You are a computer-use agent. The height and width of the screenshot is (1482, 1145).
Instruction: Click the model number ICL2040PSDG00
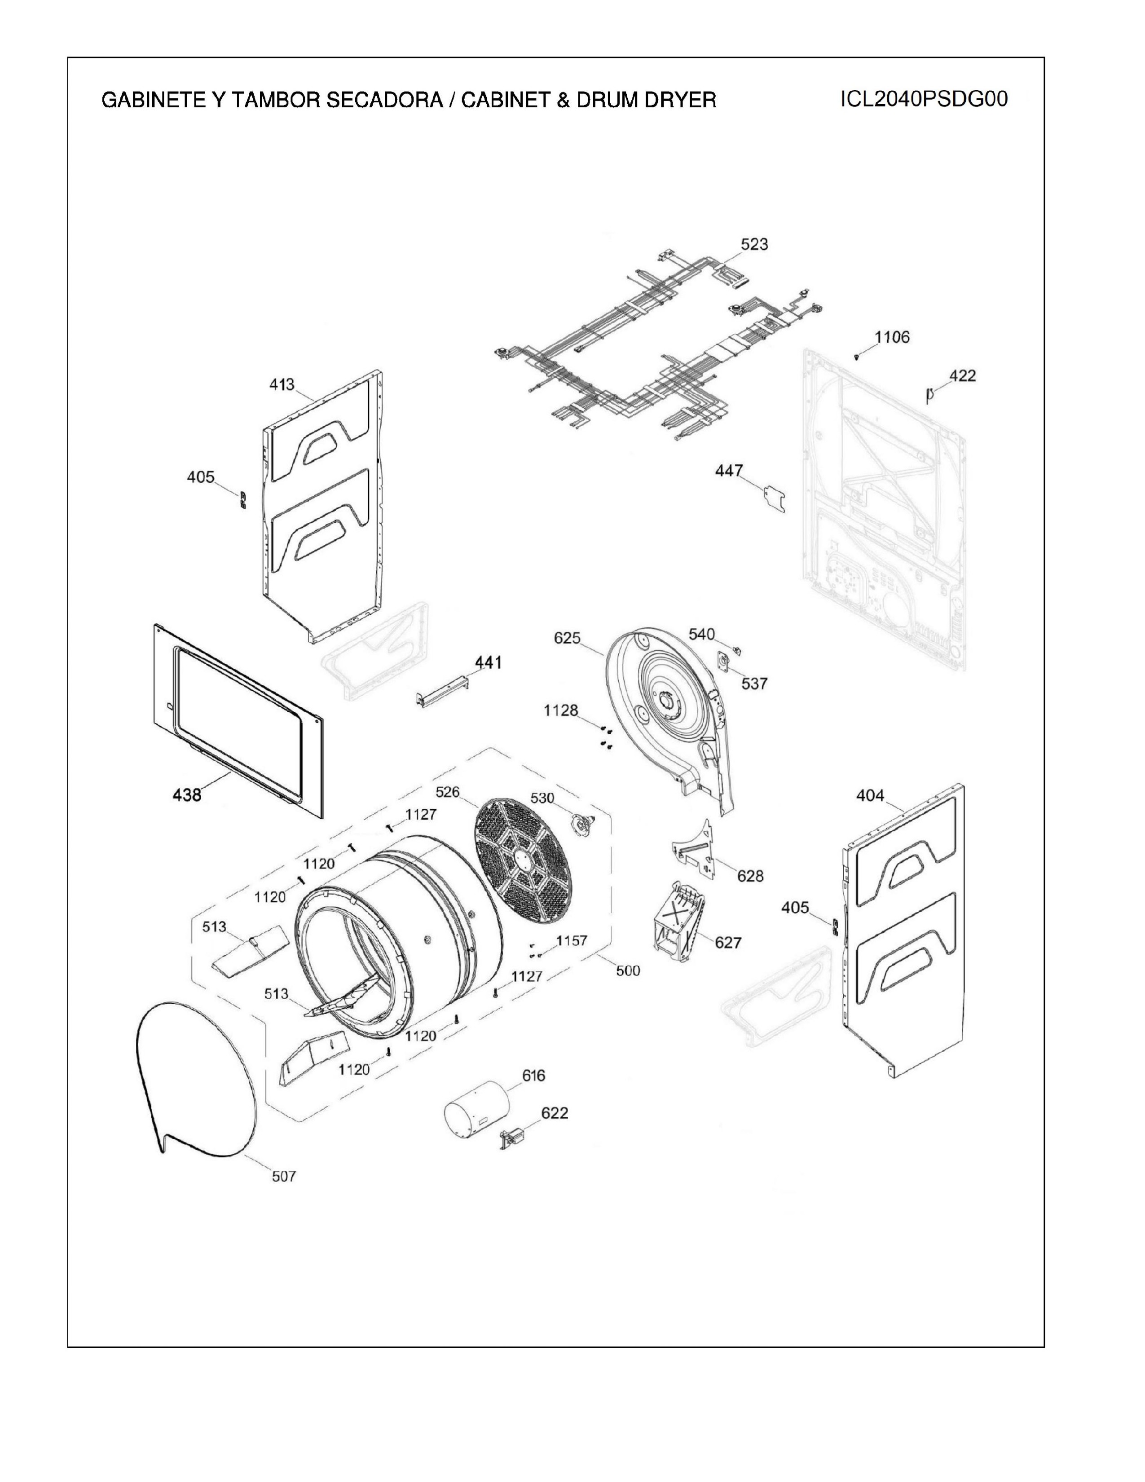tap(924, 99)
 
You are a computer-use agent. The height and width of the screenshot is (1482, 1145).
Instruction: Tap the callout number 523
tap(754, 243)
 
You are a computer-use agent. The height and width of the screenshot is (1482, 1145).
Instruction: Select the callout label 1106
tap(892, 337)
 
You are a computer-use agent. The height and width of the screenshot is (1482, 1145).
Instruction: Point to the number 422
tap(963, 375)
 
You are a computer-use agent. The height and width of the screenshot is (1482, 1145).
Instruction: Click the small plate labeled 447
tap(773, 498)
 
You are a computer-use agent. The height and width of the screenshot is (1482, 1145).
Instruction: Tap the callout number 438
tap(186, 794)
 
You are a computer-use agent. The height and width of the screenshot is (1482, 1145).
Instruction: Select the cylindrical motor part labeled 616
tap(476, 1112)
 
